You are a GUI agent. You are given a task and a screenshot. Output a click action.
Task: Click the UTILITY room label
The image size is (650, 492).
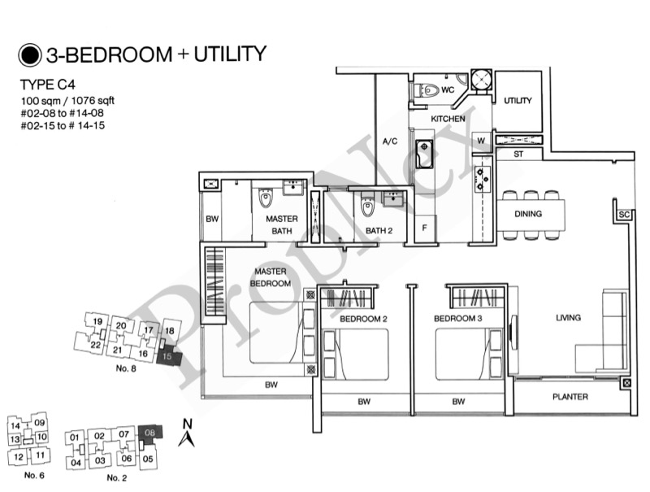[518, 100]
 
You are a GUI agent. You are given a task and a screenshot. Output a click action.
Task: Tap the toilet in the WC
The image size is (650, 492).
[426, 90]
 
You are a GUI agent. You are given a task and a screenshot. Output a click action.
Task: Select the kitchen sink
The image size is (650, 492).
[424, 154]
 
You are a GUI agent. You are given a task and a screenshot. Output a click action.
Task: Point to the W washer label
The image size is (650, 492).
[481, 141]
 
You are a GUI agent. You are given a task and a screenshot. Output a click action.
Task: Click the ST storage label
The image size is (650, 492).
[518, 155]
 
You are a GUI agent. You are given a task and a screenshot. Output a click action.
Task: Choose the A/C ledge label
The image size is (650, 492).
[390, 142]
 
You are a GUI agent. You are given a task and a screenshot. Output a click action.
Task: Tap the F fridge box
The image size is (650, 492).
[425, 228]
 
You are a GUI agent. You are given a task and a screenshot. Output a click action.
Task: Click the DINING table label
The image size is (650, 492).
[528, 214]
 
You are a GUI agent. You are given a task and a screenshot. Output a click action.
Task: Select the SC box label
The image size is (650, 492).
[624, 215]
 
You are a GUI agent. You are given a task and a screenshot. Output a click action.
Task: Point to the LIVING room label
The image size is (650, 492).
[568, 317]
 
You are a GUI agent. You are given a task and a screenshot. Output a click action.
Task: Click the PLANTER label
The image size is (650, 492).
[570, 397]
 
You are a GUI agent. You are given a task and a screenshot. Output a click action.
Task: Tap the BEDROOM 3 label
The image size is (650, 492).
[458, 318]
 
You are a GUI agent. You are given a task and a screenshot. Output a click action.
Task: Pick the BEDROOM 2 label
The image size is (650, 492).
[363, 319]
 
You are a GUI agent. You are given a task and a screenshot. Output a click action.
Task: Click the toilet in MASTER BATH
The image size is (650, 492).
[266, 198]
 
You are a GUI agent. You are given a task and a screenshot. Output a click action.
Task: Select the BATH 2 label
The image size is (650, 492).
[379, 230]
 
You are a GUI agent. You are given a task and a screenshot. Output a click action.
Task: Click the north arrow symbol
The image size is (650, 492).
[187, 433]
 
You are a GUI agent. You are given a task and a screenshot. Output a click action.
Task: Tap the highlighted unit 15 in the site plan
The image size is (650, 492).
[169, 357]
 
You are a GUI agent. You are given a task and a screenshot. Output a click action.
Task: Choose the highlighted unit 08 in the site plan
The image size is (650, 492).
[149, 433]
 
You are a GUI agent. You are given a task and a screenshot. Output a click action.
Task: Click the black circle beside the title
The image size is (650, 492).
[30, 55]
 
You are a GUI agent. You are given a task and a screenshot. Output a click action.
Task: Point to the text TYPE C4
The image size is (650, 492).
[48, 85]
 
